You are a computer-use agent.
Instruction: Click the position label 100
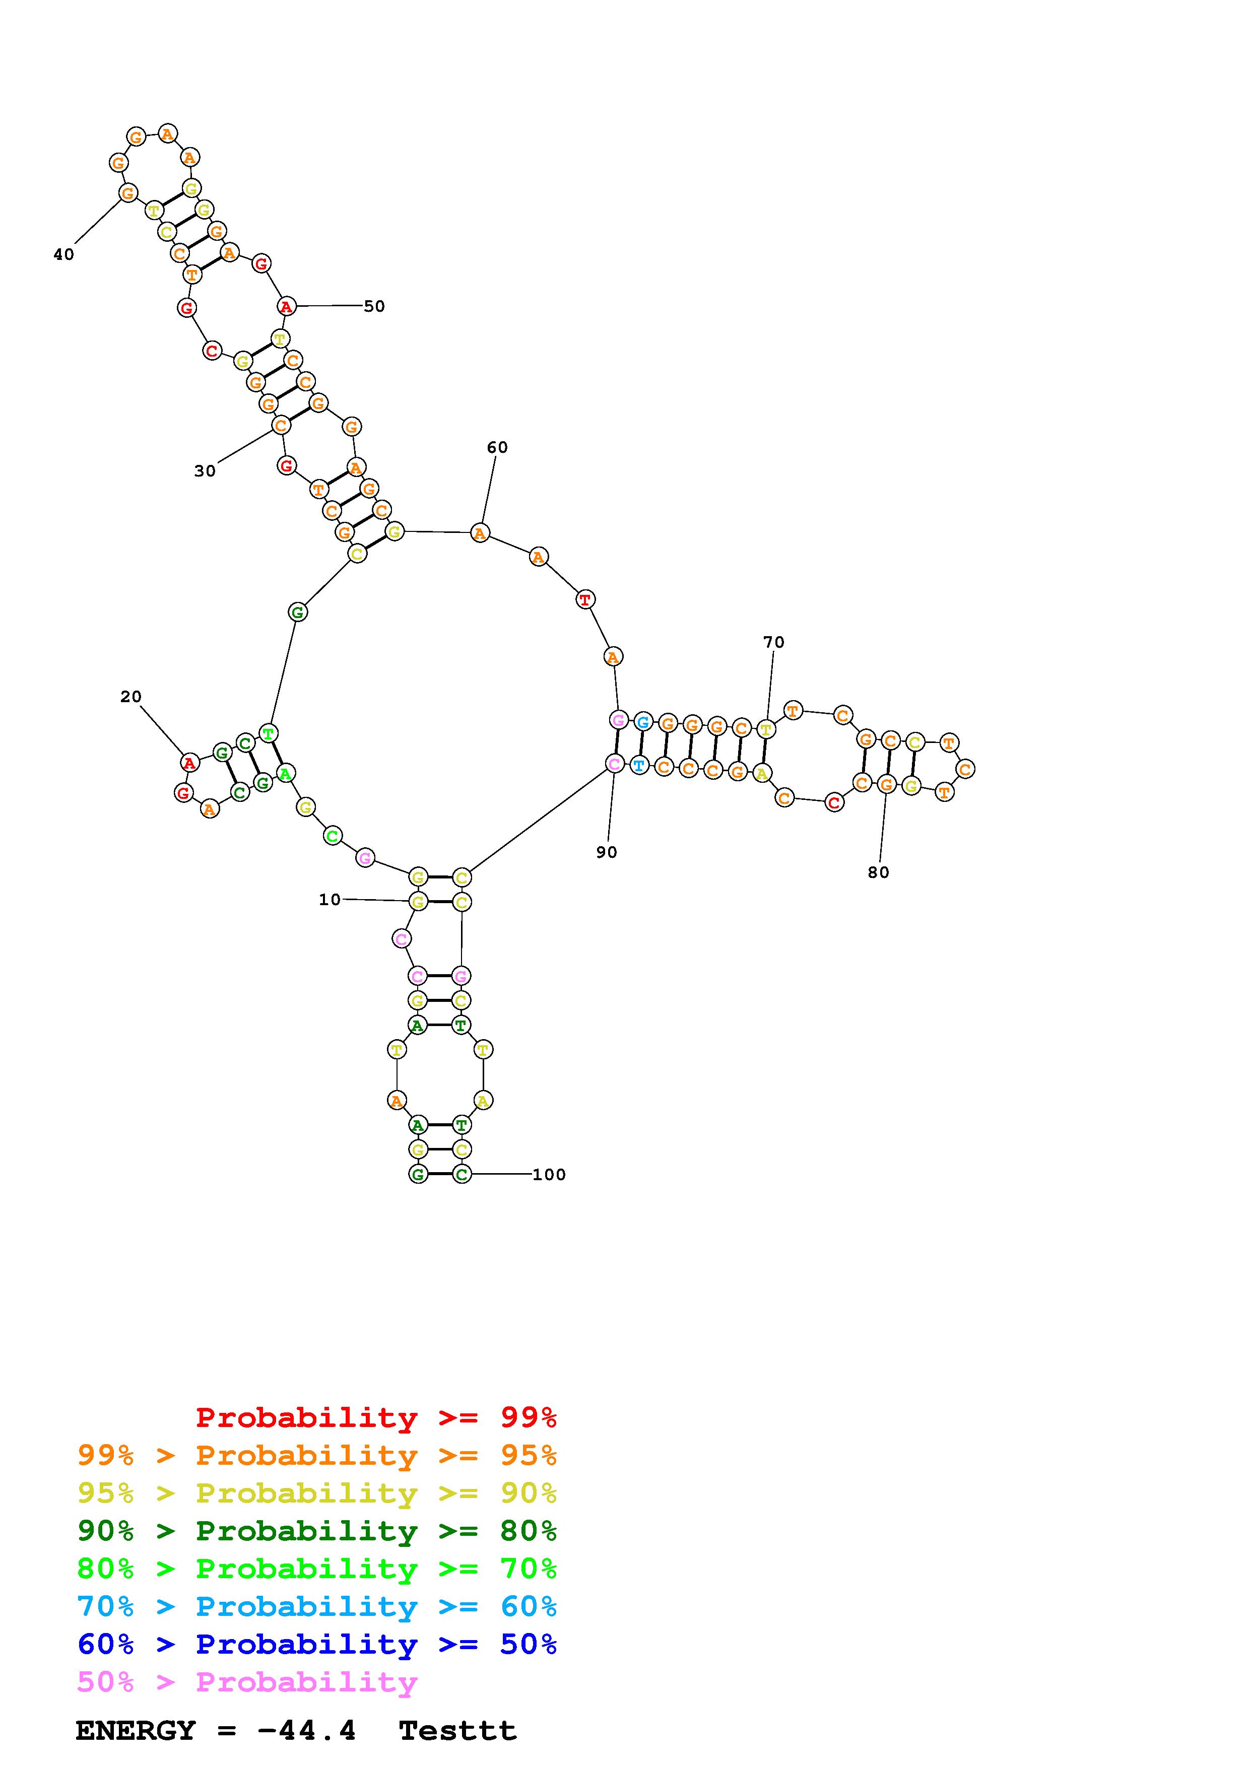pos(549,1175)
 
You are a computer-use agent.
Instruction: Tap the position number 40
pos(64,255)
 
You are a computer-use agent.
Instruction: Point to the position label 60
pos(497,448)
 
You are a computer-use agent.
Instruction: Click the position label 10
pos(330,900)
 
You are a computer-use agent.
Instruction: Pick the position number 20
pos(131,697)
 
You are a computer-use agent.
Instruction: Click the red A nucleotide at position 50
pos(286,306)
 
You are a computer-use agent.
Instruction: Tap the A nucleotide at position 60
pos(480,532)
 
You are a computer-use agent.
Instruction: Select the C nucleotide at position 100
pos(461,1175)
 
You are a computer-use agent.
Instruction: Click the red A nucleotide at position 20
pos(189,763)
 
